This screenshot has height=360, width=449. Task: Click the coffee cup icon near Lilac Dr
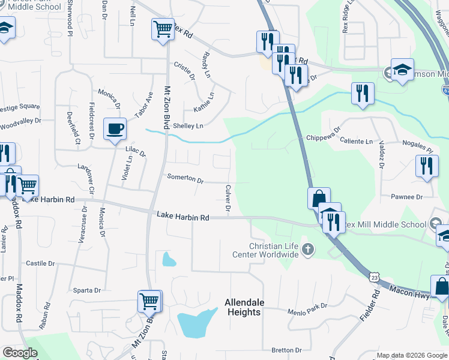pyautogui.click(x=115, y=128)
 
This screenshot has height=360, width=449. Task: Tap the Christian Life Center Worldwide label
pyautogui.click(x=266, y=251)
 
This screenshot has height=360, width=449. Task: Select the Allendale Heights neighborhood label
pyautogui.click(x=243, y=307)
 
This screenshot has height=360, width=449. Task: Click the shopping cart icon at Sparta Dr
pyautogui.click(x=149, y=300)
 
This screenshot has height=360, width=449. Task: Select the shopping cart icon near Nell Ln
pyautogui.click(x=163, y=28)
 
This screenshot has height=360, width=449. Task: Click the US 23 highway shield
pyautogui.click(x=375, y=277)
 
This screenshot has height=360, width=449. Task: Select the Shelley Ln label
pyautogui.click(x=188, y=126)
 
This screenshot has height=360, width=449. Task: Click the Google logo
pyautogui.click(x=20, y=353)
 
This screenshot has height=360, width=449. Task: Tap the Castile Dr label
pyautogui.click(x=40, y=263)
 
